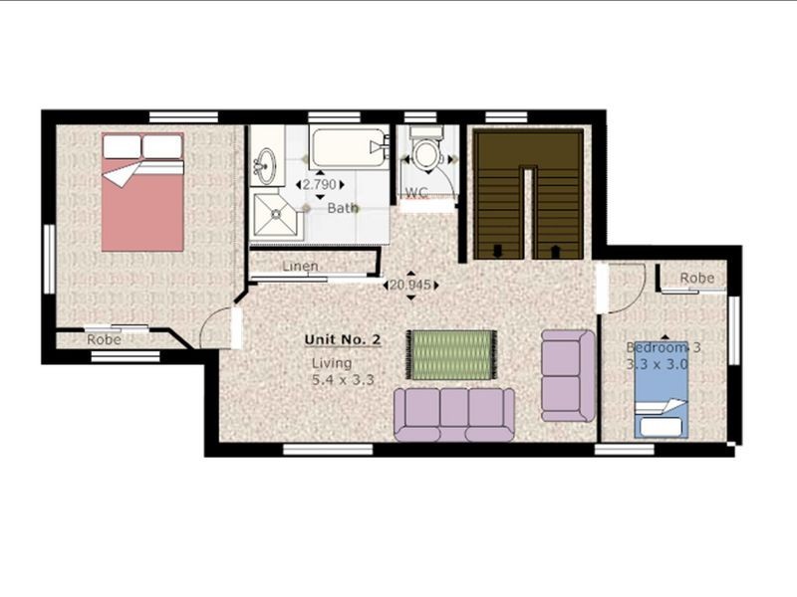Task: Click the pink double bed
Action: click(x=142, y=194)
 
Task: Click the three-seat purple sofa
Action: click(x=454, y=414)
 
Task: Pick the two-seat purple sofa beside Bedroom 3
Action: click(x=568, y=375)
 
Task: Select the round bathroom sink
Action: click(x=265, y=165)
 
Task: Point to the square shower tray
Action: click(x=274, y=216)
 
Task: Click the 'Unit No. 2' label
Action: click(x=343, y=340)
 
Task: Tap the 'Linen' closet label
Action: click(x=300, y=267)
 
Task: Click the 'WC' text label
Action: click(x=417, y=192)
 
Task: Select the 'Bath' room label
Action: click(x=343, y=208)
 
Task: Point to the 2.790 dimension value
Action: click(x=319, y=185)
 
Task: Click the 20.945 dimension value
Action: click(x=410, y=286)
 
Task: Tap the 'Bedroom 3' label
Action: click(x=664, y=347)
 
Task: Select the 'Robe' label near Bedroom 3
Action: click(x=696, y=278)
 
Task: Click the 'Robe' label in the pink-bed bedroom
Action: click(x=104, y=339)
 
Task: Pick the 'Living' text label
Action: click(x=332, y=363)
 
